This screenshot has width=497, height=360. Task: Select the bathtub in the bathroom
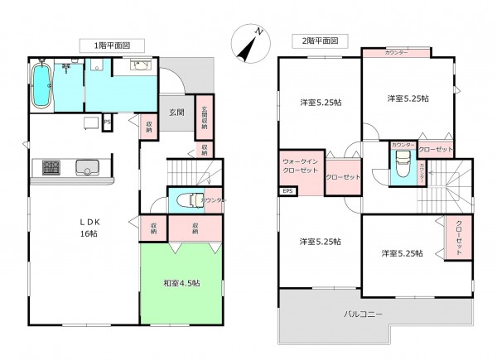coord(41,87)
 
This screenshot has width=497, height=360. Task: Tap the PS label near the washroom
coord(108,123)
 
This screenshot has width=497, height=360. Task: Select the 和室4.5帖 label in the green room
coord(181,283)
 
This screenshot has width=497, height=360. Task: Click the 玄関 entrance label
coord(177,112)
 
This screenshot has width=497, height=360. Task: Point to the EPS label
coord(287,192)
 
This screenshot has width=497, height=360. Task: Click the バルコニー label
coord(363,314)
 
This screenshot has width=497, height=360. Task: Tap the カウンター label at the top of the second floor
coord(395,53)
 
